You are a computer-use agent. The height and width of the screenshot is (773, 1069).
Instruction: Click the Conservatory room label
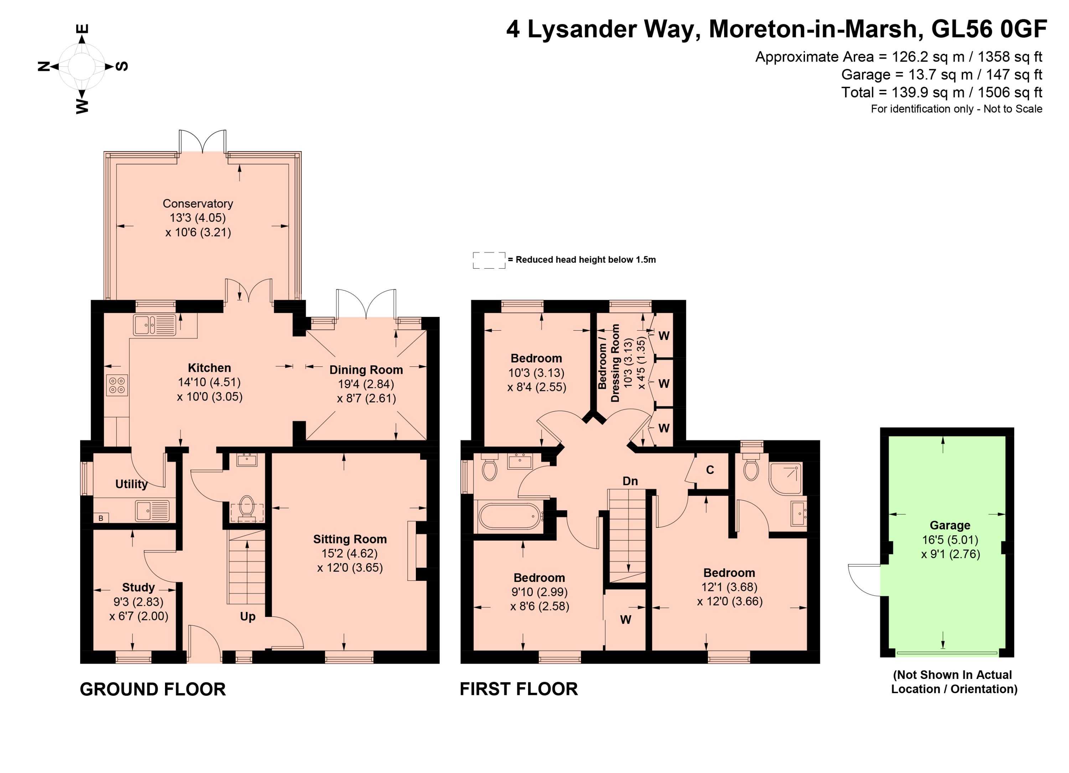198,203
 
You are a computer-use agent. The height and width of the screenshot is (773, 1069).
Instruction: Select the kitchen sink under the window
155,325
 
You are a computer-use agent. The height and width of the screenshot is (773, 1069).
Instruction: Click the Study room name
139,587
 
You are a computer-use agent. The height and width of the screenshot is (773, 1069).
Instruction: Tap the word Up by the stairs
248,617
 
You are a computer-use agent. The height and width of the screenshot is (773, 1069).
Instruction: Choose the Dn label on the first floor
630,481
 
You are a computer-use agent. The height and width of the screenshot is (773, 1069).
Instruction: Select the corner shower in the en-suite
785,478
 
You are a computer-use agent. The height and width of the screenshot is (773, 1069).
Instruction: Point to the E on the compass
82,29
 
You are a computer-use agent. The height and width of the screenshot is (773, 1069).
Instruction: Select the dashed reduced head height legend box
489,260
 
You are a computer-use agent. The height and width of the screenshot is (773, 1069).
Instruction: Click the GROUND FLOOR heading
153,690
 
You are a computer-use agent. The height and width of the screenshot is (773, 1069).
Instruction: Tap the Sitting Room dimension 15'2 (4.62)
350,554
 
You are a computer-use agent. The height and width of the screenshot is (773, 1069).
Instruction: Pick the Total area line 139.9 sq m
942,92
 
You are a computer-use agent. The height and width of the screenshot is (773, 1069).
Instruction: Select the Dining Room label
366,370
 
